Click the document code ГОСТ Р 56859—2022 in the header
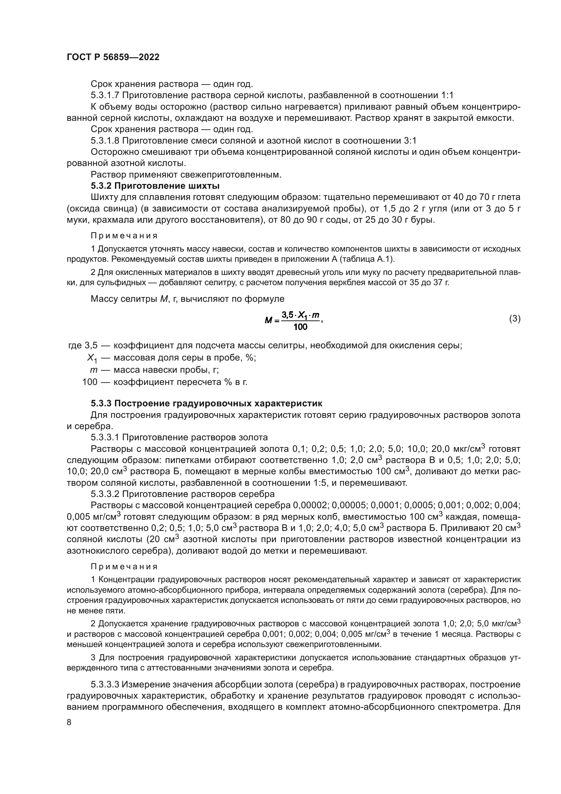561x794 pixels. pos(113,57)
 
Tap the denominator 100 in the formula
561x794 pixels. pos(300,327)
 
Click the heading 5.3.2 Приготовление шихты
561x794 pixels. pos(155,186)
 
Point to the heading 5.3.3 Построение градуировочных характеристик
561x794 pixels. pos(206,403)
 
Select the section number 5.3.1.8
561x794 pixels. pos(105,141)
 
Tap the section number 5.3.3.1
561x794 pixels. pos(105,438)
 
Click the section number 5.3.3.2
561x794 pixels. pos(105,494)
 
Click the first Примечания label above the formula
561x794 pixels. pos(124,236)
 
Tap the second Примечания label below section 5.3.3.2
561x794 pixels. pos(124,567)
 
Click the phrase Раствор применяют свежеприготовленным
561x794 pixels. pos(186,174)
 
